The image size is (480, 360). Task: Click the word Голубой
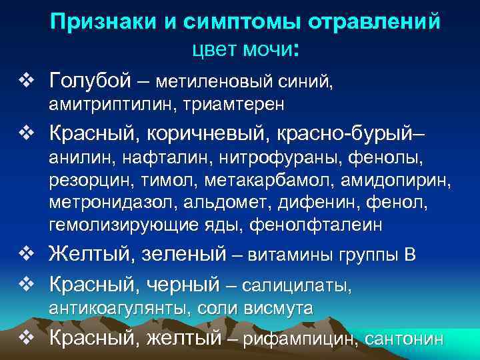(88, 81)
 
